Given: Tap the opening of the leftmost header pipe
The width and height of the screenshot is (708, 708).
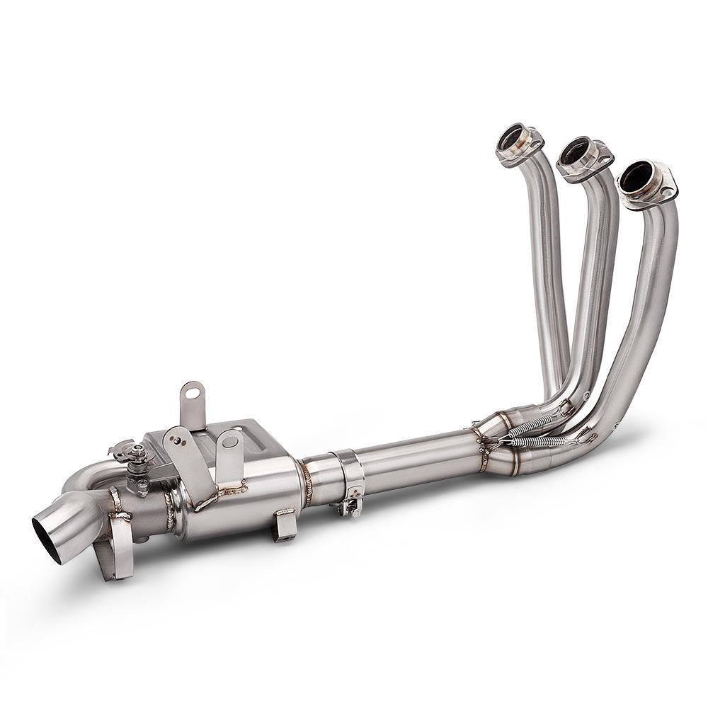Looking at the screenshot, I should (510, 137).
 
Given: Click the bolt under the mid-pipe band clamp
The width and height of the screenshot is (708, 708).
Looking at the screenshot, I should (348, 505).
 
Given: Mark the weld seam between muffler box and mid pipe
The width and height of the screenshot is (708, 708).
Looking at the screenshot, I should (306, 482).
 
